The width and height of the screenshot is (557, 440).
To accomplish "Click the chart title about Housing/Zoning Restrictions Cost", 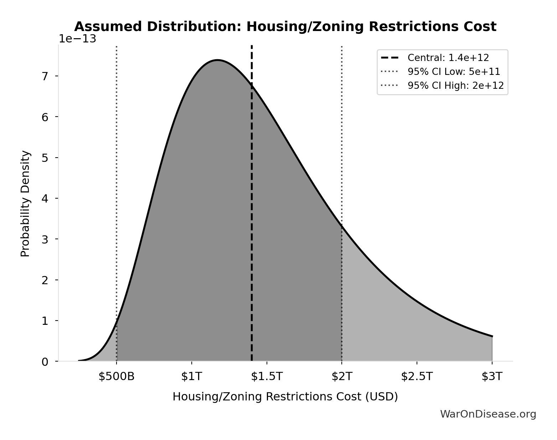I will point(285,27).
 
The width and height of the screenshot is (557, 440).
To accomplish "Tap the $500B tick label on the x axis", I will point(117,377).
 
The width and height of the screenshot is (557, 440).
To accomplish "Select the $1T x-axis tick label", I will point(192,377).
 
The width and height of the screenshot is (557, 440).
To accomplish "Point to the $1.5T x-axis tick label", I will point(267,377).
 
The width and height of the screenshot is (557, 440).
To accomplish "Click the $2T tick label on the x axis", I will point(342,377).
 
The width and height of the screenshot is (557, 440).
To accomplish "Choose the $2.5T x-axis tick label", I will point(417,377).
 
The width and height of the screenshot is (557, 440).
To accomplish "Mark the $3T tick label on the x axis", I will point(492,377).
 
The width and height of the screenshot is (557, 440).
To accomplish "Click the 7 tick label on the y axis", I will point(45,76).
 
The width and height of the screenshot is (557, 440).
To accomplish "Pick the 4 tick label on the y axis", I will point(45,199).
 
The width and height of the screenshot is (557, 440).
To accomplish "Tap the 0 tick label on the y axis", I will point(45,362).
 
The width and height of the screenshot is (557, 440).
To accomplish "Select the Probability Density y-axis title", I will point(25,204).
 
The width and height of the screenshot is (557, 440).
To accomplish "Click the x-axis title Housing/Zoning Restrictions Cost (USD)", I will point(285,397).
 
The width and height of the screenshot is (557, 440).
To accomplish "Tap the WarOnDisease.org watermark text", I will point(488,414).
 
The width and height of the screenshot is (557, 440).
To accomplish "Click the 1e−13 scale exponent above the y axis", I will point(77,39).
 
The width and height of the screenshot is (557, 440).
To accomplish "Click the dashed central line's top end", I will point(252,46).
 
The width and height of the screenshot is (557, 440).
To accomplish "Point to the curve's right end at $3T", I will point(492,336).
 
